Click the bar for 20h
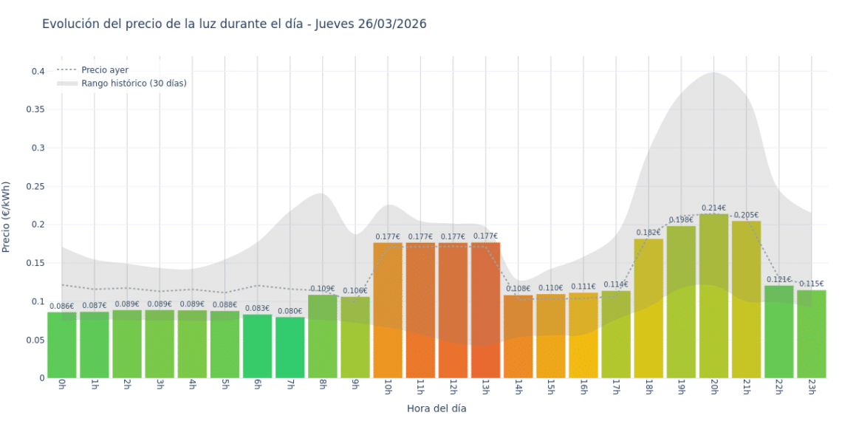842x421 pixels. [713, 295]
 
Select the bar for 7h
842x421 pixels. [290, 347]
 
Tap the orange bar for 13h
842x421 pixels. [485, 310]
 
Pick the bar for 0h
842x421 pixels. [62, 345]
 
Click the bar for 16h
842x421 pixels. [583, 335]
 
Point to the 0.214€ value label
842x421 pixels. [713, 208]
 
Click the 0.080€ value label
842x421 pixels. [290, 311]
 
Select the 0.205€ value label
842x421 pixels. [746, 215]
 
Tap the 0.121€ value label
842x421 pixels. [778, 280]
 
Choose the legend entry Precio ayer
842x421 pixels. [104, 70]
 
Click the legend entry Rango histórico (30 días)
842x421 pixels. [134, 83]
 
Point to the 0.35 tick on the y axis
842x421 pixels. [36, 109]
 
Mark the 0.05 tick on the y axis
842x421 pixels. [36, 340]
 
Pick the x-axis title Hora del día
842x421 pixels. [437, 408]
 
